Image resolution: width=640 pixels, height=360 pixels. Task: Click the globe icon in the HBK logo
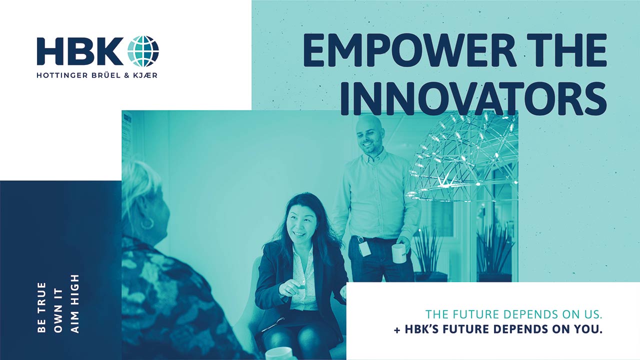(x=143, y=51)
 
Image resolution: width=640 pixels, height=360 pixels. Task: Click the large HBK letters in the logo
(x=80, y=51)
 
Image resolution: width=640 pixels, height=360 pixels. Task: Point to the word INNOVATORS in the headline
(x=473, y=99)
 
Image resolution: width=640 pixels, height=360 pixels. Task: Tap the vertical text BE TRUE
(x=41, y=307)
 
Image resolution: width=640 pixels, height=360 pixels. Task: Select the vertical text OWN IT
(x=58, y=310)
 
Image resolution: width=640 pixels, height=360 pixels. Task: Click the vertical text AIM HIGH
(x=74, y=304)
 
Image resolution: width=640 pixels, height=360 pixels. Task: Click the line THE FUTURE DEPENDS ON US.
(x=514, y=314)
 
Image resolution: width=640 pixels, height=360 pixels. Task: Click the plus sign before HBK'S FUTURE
(x=397, y=330)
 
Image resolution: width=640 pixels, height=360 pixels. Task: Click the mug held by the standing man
(x=399, y=253)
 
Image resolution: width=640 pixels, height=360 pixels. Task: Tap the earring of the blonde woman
(x=147, y=223)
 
